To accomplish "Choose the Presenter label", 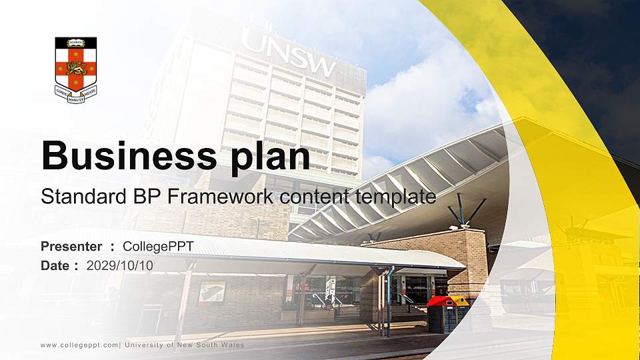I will coord(71,247).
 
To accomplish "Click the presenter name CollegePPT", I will coord(158,247).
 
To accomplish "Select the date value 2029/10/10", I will coord(119,265).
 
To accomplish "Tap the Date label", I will coord(55,265).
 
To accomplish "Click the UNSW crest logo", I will coord(75,67).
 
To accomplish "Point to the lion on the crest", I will coord(75,67).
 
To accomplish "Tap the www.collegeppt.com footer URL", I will coord(79,345).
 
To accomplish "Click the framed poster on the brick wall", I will coord(212,291).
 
